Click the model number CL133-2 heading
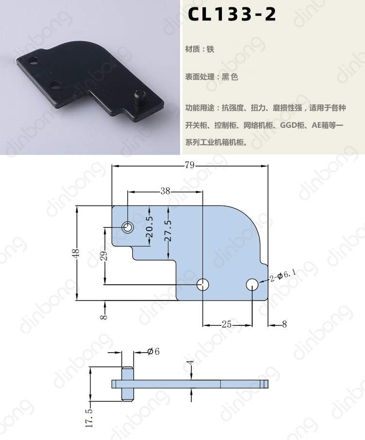point(232,14)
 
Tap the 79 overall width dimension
point(190,165)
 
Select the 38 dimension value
point(165,191)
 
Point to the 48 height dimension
point(77,253)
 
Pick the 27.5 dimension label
point(168,231)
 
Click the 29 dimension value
point(104,256)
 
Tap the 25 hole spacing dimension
point(227,324)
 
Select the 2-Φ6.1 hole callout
point(283,275)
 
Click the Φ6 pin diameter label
point(153,351)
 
